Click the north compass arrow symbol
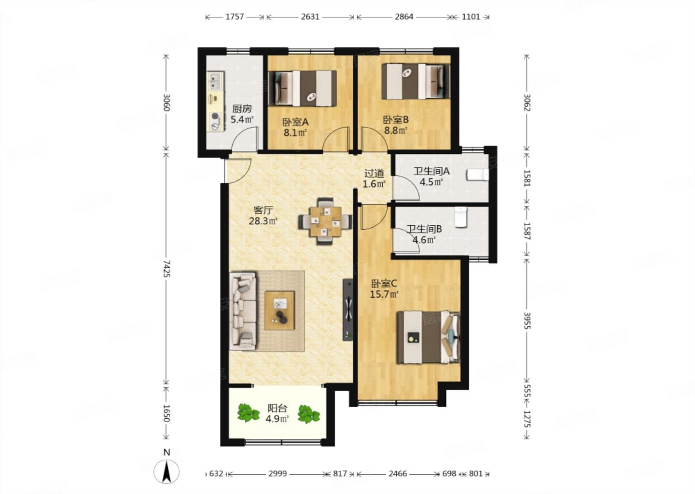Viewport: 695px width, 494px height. click(167, 471)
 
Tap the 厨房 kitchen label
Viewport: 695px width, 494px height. click(242, 109)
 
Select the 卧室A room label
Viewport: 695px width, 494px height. click(295, 122)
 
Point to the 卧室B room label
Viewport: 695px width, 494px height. click(396, 119)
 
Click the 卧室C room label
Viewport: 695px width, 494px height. click(384, 284)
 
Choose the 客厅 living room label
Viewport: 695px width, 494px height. click(263, 210)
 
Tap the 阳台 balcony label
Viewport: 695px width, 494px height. click(278, 408)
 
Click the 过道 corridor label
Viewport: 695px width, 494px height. click(374, 173)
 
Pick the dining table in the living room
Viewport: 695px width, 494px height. click(325, 221)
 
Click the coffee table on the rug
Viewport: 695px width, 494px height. click(279, 310)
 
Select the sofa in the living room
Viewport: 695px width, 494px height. click(243, 311)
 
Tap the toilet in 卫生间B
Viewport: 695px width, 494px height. click(461, 217)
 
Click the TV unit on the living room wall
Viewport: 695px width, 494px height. click(347, 310)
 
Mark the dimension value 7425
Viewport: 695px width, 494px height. click(167, 269)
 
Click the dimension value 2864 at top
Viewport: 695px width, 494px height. click(403, 17)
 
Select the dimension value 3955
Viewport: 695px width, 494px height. click(527, 320)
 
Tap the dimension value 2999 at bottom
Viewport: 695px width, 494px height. click(278, 474)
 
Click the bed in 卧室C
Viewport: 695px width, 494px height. click(429, 337)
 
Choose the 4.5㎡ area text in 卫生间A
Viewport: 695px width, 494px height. click(431, 182)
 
